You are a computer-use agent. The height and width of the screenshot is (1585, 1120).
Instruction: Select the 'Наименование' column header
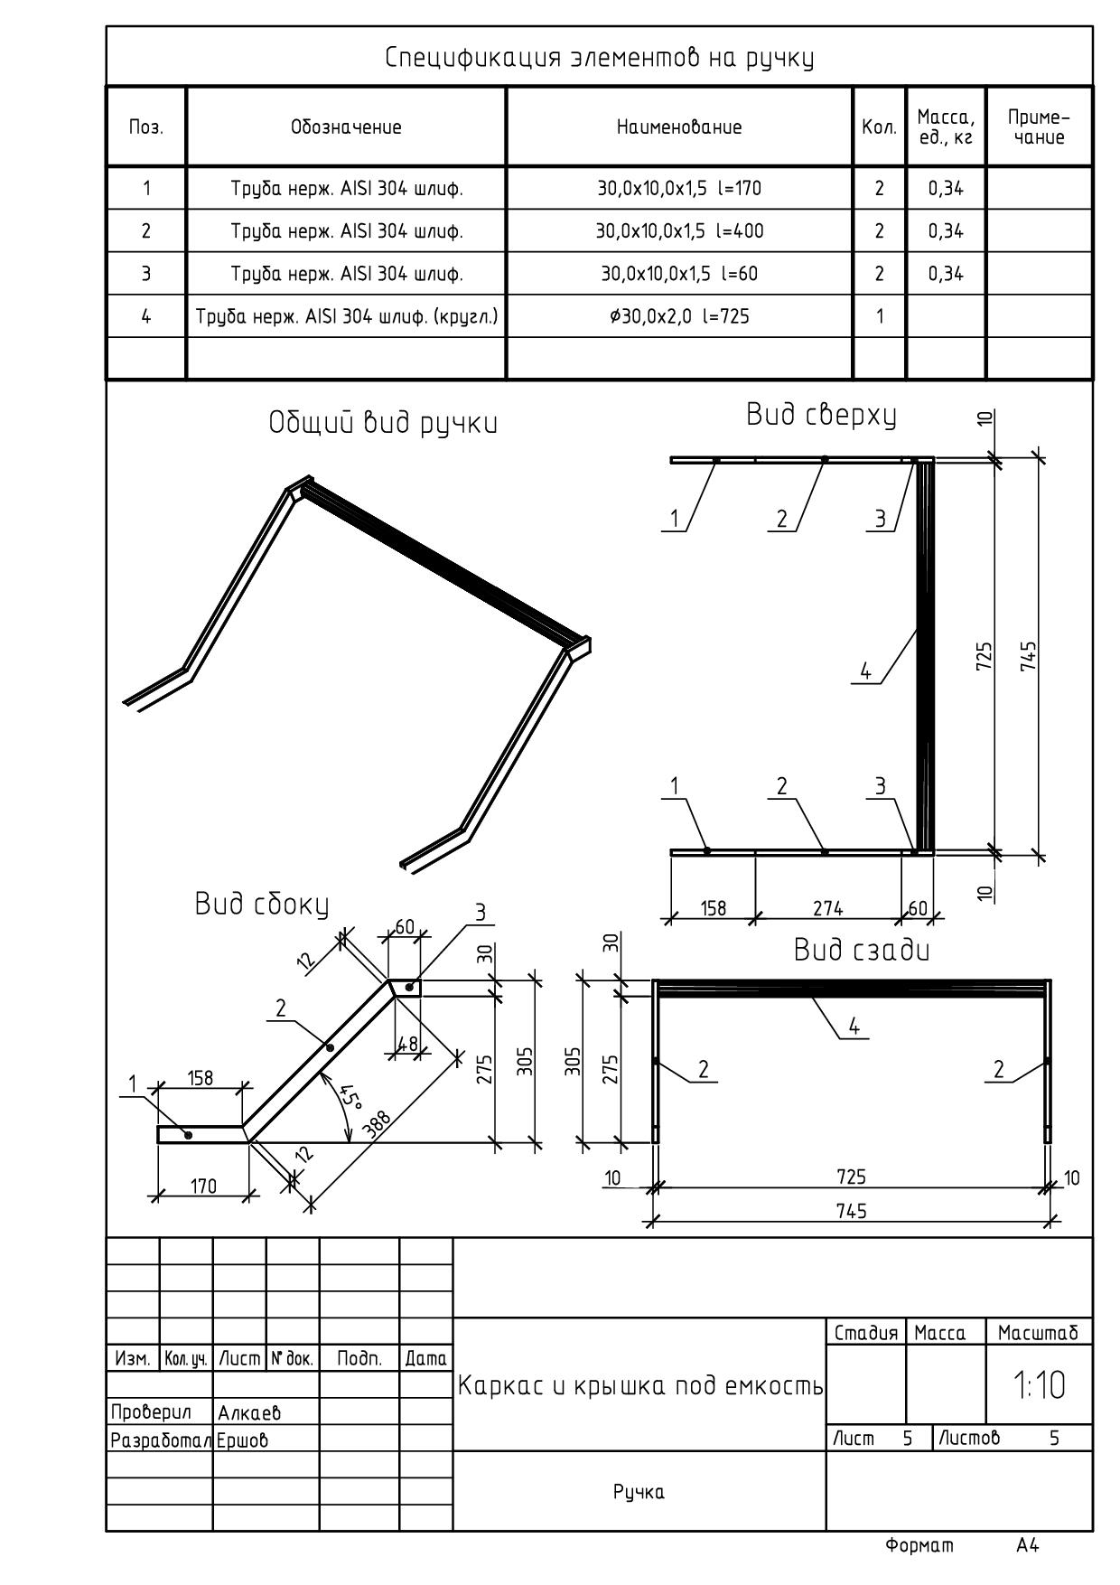pos(679,127)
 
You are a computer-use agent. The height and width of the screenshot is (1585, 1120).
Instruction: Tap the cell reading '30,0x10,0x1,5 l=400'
pos(679,231)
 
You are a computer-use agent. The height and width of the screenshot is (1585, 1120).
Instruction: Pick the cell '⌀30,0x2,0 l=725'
pos(679,316)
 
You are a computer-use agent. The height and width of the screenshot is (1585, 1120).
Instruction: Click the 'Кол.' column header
pos(879,127)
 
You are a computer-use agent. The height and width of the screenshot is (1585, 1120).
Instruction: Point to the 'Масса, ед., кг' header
pos(946,127)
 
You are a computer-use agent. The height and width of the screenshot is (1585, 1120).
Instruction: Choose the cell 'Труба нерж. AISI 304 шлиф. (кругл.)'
pos(347,316)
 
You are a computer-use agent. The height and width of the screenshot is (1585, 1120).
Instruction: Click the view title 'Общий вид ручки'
pos(383,423)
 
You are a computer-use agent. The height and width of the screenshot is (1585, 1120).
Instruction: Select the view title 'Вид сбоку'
pos(262,905)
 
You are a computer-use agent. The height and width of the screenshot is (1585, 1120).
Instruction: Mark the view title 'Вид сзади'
pos(862,950)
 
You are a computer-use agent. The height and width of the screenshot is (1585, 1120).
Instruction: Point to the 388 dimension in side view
pos(377,1122)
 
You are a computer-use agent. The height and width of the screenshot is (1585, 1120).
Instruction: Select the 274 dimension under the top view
pos(827,908)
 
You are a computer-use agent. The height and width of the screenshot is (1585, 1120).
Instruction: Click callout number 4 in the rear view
pos(854,1026)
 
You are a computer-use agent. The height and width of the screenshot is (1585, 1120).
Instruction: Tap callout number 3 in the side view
pos(481,913)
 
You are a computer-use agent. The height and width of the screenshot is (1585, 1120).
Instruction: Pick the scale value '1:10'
pos(1039,1385)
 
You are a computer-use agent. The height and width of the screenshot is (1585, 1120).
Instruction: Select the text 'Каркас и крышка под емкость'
pos(640,1385)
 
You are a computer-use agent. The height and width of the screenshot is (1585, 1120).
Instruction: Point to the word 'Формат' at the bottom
pos(919,1546)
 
